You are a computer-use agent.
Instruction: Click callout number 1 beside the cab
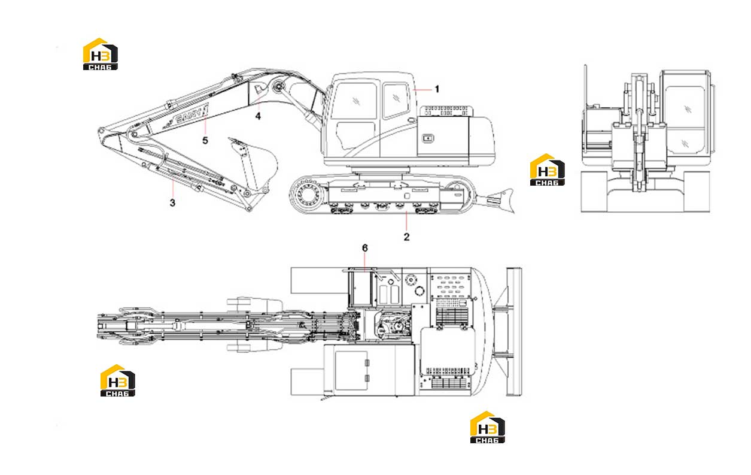click(437, 89)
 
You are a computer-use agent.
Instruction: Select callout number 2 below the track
click(407, 237)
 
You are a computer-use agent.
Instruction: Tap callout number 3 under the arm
click(172, 202)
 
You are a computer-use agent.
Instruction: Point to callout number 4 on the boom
click(258, 116)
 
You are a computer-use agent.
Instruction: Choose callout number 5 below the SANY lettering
click(205, 141)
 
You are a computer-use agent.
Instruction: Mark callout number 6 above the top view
click(365, 248)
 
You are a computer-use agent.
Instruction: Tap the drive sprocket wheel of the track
click(307, 194)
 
